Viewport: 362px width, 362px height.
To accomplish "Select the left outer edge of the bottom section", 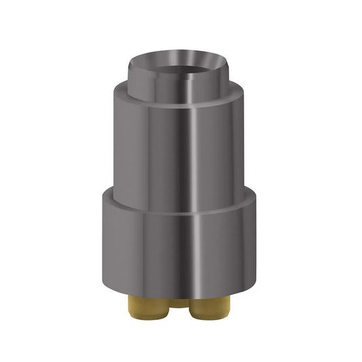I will pyautogui.click(x=105, y=245).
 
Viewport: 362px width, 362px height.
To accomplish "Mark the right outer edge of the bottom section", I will pyautogui.click(x=256, y=245).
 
